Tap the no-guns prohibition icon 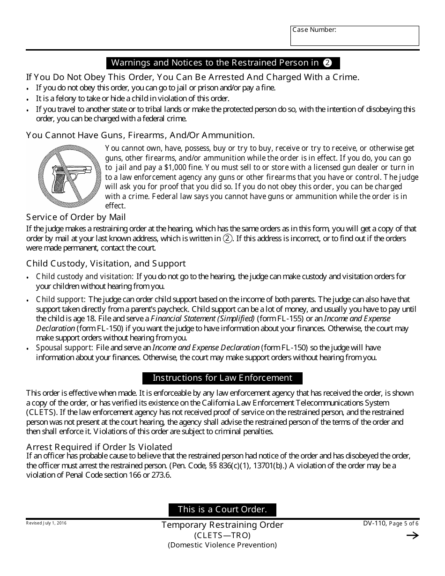[x=70, y=176]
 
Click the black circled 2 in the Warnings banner [x=327, y=63]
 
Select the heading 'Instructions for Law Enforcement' [x=222, y=378]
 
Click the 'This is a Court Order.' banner [x=222, y=510]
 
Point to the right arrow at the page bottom [x=412, y=536]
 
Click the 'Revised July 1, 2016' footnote [x=46, y=523]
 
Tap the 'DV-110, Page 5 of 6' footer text [x=392, y=524]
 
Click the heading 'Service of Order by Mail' [x=76, y=217]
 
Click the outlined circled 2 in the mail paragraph [x=227, y=238]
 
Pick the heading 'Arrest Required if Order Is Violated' [x=99, y=447]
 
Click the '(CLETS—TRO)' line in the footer [x=222, y=535]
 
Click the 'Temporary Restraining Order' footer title [x=222, y=525]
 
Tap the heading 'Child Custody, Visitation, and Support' [x=106, y=264]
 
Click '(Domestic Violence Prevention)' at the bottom [x=222, y=545]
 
